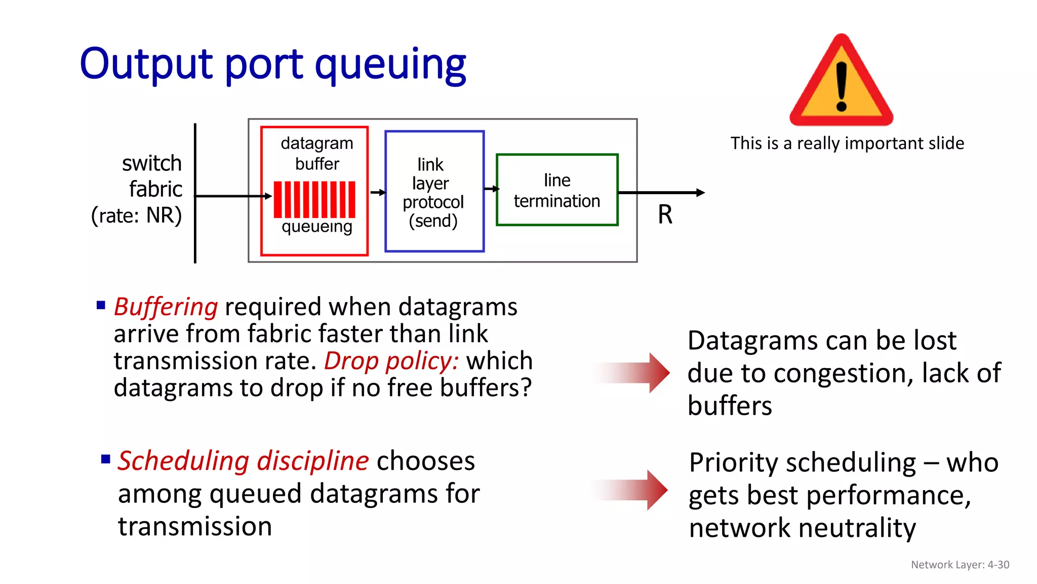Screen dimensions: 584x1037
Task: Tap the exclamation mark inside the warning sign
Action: tap(842, 86)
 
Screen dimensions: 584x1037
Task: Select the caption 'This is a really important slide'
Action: tap(847, 143)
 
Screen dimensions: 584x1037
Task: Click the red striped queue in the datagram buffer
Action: tap(314, 199)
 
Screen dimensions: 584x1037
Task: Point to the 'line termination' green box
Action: tap(557, 190)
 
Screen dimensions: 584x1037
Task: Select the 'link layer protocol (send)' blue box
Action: tap(434, 192)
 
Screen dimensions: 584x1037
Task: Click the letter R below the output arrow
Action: tap(665, 214)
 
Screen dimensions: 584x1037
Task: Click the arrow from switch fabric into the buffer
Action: tap(233, 196)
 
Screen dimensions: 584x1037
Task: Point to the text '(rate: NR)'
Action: tap(136, 215)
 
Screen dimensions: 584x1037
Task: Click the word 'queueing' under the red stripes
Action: tap(316, 227)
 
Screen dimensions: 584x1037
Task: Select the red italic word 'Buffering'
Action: tap(166, 307)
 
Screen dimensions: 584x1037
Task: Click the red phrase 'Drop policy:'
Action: tap(391, 361)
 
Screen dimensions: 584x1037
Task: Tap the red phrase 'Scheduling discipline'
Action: tap(243, 461)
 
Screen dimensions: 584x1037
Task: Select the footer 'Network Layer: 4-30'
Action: tap(960, 565)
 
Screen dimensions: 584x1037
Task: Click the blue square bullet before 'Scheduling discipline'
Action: tap(105, 460)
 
